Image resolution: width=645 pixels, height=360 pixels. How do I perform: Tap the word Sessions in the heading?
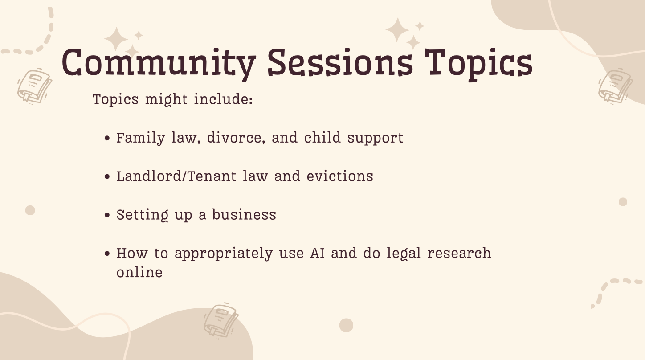(x=340, y=62)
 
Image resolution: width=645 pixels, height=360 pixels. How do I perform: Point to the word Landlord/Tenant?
(x=176, y=176)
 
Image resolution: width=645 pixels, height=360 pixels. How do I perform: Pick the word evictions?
(x=340, y=176)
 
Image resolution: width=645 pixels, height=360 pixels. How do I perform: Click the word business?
(x=244, y=214)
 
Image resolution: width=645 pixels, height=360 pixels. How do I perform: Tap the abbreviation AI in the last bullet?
(x=317, y=253)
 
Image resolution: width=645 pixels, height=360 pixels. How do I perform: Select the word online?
(x=140, y=272)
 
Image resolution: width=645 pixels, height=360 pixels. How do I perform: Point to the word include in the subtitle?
(x=223, y=99)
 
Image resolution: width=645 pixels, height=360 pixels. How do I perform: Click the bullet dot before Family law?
(x=107, y=138)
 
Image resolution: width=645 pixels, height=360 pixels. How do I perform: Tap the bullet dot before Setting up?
(x=107, y=215)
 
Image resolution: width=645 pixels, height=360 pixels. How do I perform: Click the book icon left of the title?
(x=34, y=86)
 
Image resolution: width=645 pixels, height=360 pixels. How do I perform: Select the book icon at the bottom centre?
(x=221, y=320)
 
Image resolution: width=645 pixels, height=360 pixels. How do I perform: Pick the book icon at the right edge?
(x=615, y=86)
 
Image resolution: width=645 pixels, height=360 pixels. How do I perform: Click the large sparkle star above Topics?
(x=397, y=30)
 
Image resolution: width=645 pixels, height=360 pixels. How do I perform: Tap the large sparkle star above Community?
(x=116, y=39)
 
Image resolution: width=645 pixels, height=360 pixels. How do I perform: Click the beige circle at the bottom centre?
(x=346, y=325)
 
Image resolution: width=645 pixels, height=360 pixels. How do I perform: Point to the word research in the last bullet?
(x=459, y=253)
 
